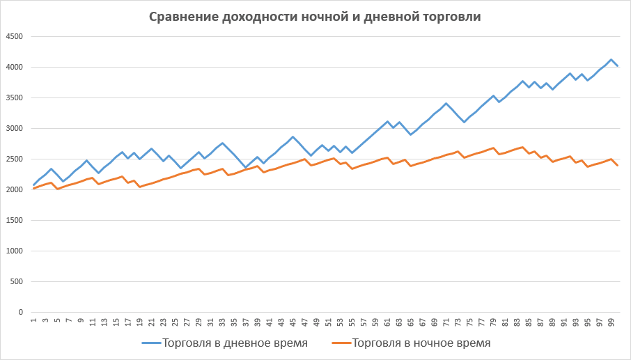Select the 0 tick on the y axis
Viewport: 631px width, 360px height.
pos(21,313)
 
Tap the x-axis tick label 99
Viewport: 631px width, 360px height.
pos(611,322)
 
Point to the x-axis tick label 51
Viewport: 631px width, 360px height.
pos(328,322)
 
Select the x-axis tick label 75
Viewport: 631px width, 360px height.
pos(470,322)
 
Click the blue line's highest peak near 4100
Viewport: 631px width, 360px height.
pos(611,60)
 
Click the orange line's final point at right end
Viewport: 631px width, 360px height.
pos(618,166)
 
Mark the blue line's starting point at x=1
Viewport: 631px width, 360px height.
pos(33,185)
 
